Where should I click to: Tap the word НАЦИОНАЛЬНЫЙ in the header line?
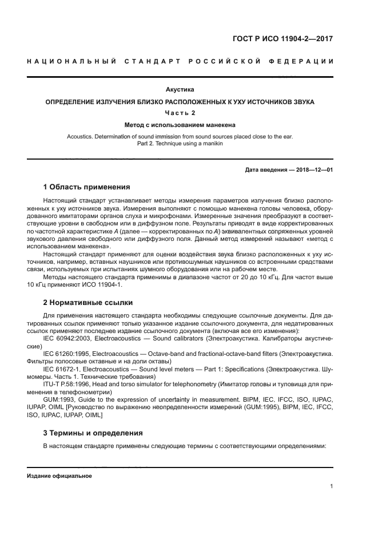pos(71,61)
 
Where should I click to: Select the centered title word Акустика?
pos(180,89)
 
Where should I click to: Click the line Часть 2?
pos(180,113)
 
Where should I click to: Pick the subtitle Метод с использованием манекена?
pos(180,125)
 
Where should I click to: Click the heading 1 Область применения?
pos(86,187)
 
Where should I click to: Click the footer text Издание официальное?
pos(59,475)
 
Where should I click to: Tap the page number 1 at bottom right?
pos(331,486)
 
